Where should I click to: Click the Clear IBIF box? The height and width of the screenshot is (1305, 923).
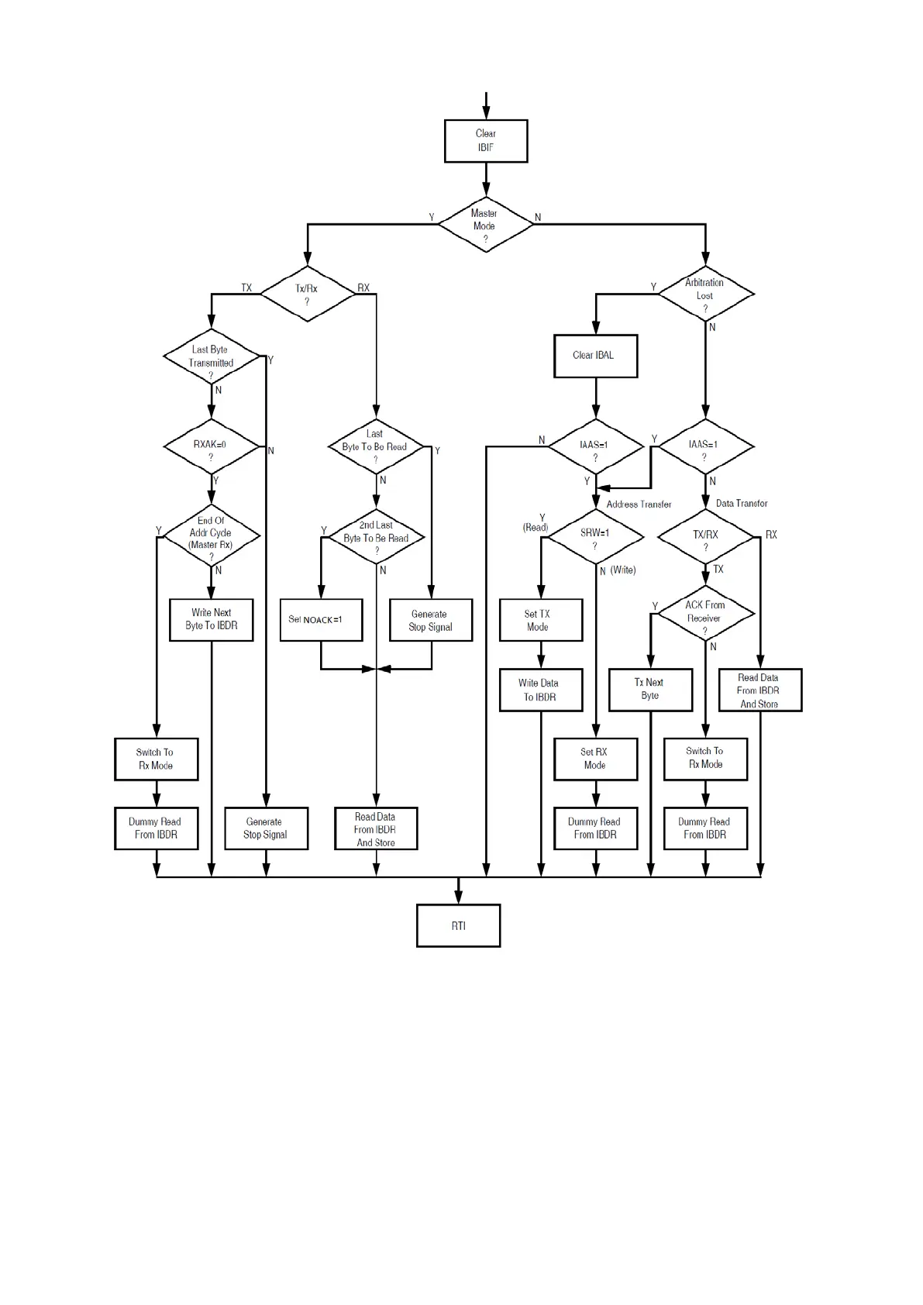[x=486, y=141]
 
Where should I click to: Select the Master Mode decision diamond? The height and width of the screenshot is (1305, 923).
[x=486, y=226]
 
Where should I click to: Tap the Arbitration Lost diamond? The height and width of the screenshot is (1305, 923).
[x=705, y=294]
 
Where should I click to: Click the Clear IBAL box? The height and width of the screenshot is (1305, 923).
[x=595, y=356]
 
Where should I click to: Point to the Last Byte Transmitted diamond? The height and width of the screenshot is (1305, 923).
[x=211, y=357]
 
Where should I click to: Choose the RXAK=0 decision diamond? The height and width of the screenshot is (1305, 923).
[x=211, y=447]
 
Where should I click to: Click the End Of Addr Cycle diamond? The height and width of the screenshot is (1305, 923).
[x=211, y=535]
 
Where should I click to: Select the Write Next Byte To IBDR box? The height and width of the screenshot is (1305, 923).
[x=211, y=619]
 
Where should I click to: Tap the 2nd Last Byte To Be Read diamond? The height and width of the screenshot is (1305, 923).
[x=376, y=537]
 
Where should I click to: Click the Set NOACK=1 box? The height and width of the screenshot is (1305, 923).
[x=321, y=620]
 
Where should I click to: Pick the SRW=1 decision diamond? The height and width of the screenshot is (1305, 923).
[x=595, y=535]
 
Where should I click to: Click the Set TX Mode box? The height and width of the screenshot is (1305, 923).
[x=540, y=620]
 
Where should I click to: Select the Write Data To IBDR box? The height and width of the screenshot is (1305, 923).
[x=540, y=690]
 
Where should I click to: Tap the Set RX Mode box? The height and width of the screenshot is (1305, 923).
[x=595, y=759]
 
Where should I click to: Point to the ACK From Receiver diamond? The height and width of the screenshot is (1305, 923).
[x=705, y=613]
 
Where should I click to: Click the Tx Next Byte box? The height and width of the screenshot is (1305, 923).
[x=650, y=690]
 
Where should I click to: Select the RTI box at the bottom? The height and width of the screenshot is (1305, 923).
[x=458, y=925]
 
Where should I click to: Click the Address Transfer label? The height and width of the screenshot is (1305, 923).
[x=639, y=504]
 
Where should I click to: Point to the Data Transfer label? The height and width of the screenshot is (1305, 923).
[x=742, y=504]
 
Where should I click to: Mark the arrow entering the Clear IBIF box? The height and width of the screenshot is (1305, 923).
[x=486, y=105]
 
